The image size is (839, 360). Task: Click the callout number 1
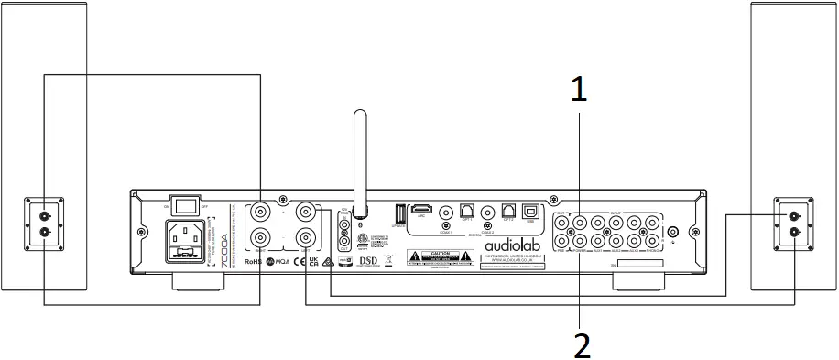coord(578,90)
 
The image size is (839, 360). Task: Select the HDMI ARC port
coord(422,210)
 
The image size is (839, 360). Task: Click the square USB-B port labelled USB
coord(530,211)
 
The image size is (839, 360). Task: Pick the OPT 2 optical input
coord(508,211)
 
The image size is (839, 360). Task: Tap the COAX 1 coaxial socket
coord(446,211)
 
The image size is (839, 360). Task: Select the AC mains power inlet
coord(185,242)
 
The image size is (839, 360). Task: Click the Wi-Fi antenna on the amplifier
coord(360,156)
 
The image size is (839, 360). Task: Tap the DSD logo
coord(367,261)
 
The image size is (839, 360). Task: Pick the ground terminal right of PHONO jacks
coord(673,232)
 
